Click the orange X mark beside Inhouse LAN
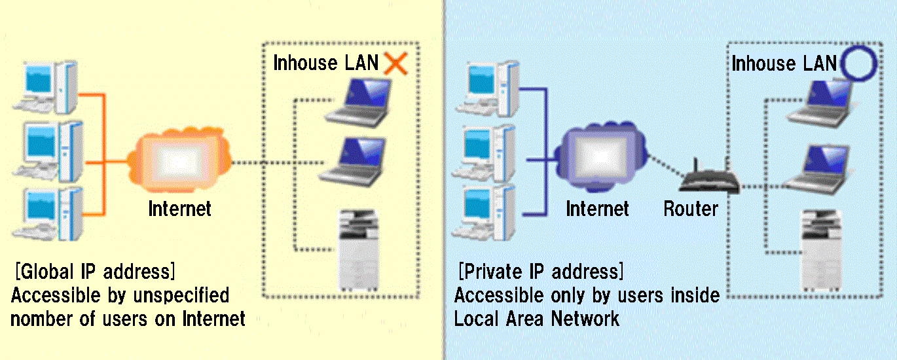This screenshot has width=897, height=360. [x=395, y=63]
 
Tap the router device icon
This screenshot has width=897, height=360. [x=708, y=180]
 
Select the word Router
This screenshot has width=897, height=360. [x=691, y=209]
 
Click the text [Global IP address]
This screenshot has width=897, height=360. [x=94, y=271]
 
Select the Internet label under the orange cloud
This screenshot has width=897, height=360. [x=179, y=209]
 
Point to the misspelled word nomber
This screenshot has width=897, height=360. [x=42, y=319]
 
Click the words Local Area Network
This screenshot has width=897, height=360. [x=536, y=319]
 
